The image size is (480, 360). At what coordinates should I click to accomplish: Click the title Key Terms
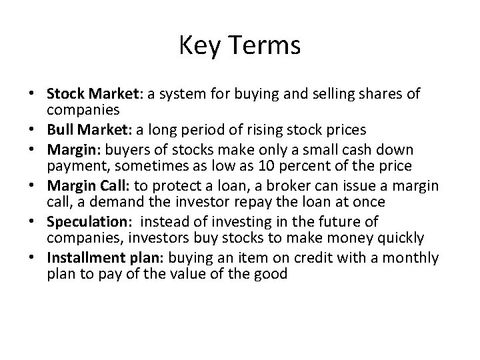(x=240, y=46)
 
